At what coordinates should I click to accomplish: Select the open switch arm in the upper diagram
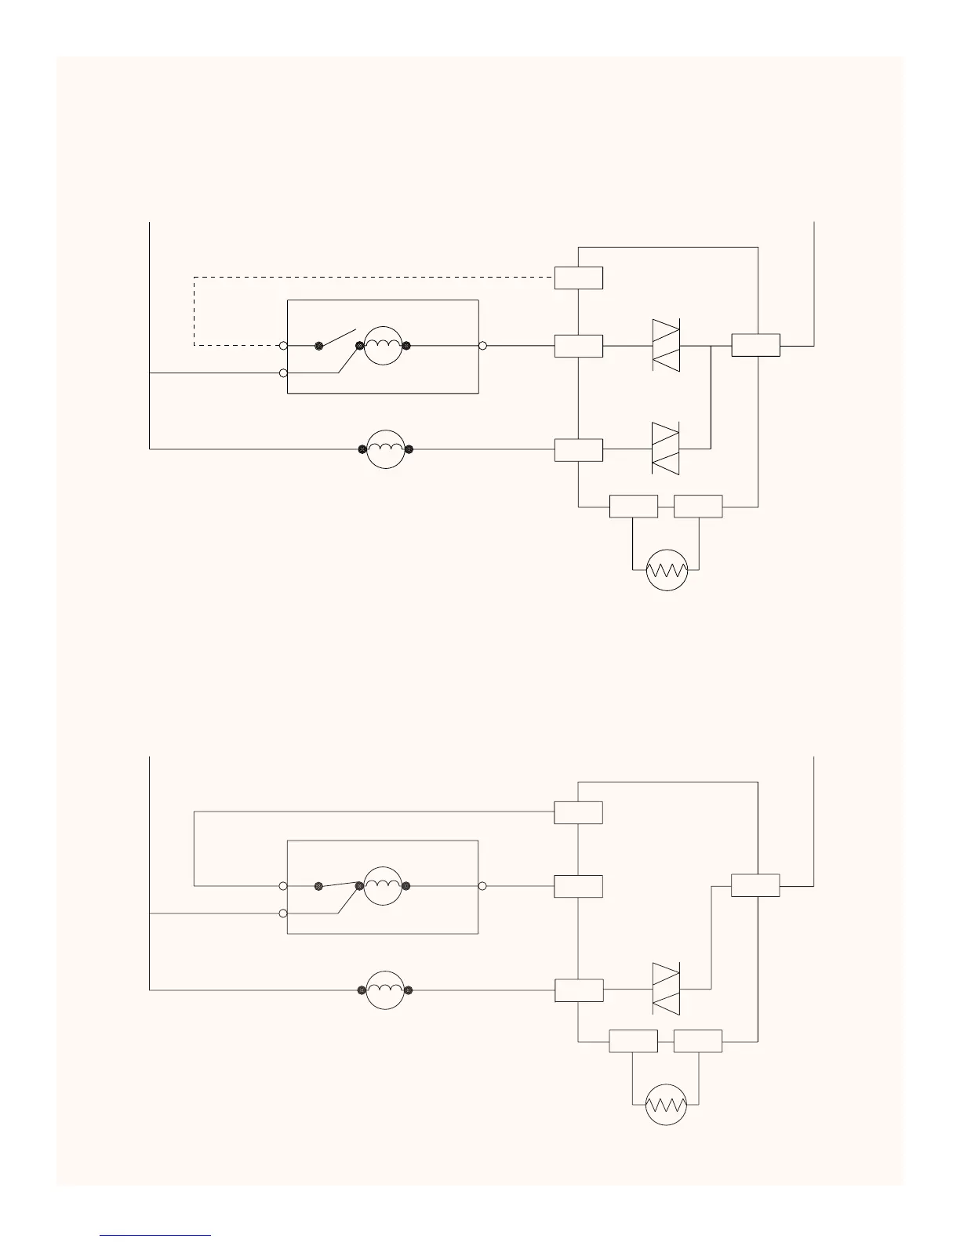[x=338, y=337]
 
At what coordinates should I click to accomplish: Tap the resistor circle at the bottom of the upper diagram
[x=667, y=570]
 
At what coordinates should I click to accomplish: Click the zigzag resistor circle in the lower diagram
[x=667, y=1106]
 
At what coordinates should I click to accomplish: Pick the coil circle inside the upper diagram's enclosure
[x=384, y=345]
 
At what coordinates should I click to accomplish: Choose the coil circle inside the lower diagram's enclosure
[x=384, y=886]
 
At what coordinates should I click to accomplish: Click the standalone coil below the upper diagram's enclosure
[x=385, y=449]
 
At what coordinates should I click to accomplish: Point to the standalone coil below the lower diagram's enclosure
[x=385, y=990]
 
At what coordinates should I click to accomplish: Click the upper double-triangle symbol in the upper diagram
[x=666, y=346]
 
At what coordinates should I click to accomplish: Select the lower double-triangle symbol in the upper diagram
[x=666, y=448]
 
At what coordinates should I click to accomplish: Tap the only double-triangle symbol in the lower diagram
[x=666, y=990]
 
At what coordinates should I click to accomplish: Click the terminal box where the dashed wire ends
[x=579, y=278]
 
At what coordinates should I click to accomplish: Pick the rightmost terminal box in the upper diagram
[x=756, y=345]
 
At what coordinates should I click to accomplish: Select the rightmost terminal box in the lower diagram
[x=756, y=885]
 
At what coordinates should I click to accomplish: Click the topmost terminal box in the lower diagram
[x=579, y=813]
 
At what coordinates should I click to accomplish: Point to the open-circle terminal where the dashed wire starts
[x=283, y=346]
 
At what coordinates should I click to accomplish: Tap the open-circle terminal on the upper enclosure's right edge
[x=483, y=346]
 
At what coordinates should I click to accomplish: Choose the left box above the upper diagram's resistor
[x=634, y=507]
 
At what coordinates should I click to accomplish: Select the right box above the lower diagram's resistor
[x=698, y=1041]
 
